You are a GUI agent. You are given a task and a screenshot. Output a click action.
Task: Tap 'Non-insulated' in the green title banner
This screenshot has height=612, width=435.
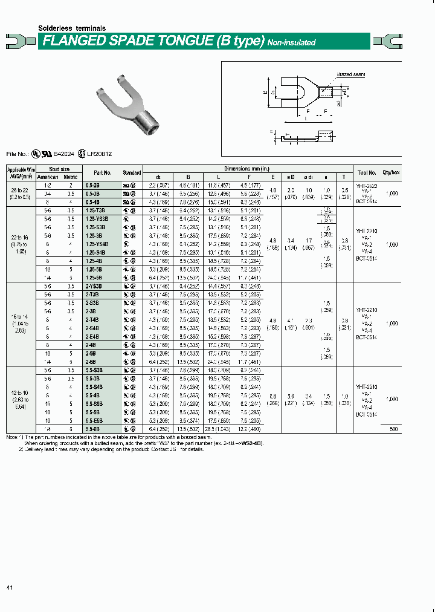[x=291, y=42]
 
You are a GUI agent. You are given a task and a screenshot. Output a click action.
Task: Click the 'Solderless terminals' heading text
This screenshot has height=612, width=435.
[x=72, y=28]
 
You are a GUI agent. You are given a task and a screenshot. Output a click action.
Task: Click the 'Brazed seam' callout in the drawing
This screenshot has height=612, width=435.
[x=347, y=74]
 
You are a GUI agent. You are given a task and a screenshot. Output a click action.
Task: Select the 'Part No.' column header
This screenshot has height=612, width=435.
[x=103, y=172]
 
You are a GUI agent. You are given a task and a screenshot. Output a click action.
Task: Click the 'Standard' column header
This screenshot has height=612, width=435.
[x=132, y=172]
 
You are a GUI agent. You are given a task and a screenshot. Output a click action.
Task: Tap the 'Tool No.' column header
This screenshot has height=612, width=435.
[x=366, y=172]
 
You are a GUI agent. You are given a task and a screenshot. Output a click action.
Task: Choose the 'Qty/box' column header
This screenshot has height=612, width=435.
[x=391, y=172]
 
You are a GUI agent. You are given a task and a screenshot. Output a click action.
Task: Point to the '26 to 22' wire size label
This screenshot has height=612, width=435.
[x=21, y=189]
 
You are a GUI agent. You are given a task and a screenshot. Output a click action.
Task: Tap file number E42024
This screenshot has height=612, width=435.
[x=67, y=154]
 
